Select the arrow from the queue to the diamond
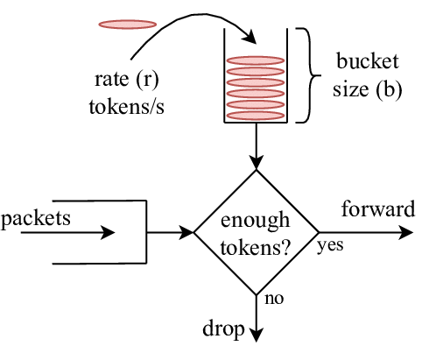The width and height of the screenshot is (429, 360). tap(170, 233)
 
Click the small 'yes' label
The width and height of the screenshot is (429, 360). tap(331, 246)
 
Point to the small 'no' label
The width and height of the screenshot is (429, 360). tap(273, 299)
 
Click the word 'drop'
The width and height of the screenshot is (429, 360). tap(223, 329)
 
